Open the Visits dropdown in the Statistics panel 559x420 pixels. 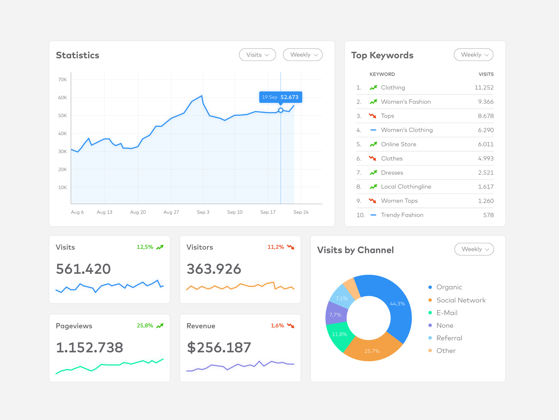257,55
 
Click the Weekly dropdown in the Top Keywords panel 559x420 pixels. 473,55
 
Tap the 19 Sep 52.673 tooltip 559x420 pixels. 281,97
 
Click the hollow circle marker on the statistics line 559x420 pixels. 281,110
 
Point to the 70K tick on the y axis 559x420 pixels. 63,79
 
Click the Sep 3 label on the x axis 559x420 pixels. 203,212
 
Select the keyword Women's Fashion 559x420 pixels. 406,102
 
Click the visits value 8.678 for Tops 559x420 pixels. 486,116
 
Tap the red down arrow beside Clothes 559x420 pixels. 372,158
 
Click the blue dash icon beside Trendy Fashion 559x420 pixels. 373,215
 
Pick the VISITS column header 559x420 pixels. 486,74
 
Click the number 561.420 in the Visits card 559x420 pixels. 83,269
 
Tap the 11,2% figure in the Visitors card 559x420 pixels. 276,247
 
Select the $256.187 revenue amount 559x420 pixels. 219,348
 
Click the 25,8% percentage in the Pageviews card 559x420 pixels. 145,325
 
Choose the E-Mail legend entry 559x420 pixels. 447,313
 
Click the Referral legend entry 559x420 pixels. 449,338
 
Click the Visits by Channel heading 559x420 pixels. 355,250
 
